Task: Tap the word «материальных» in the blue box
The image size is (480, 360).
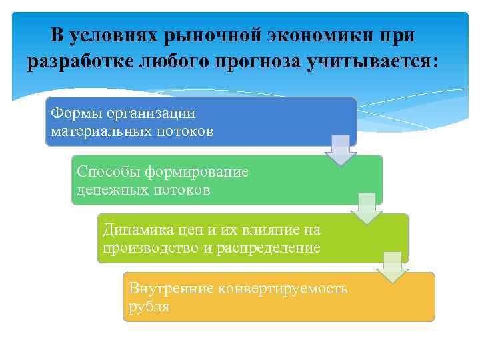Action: click(99, 131)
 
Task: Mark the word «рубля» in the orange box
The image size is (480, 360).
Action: click(149, 307)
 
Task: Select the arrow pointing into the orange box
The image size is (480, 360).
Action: click(393, 267)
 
